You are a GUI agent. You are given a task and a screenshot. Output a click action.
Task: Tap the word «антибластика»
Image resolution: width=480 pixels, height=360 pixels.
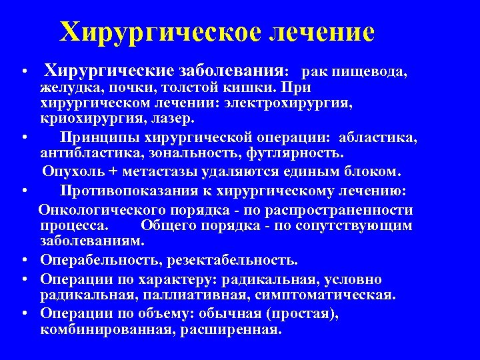tap(87, 153)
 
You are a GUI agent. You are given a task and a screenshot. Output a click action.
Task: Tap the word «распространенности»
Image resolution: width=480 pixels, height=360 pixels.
tap(345, 210)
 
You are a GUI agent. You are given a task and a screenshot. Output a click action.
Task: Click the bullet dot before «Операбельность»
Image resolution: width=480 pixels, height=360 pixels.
tap(23, 260)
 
